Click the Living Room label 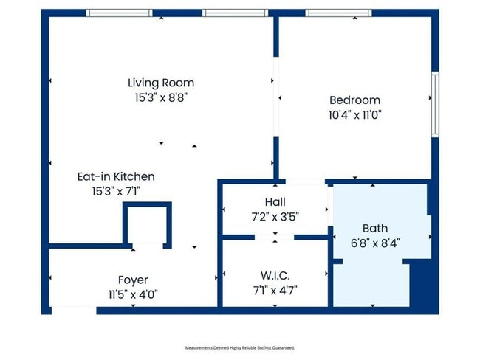161,83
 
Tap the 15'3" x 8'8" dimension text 161,98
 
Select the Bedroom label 354,100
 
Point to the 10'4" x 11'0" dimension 354,115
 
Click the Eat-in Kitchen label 116,176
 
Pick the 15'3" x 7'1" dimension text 116,192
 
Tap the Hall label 275,202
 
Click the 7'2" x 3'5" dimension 275,217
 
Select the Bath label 375,229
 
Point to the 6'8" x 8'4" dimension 375,243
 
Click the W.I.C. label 275,276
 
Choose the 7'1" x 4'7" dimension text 275,290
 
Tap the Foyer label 133,280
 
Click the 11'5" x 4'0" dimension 133,295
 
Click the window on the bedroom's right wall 435,104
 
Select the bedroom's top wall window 338,13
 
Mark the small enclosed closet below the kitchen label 147,225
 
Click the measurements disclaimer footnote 240,347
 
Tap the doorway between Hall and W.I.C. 275,238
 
